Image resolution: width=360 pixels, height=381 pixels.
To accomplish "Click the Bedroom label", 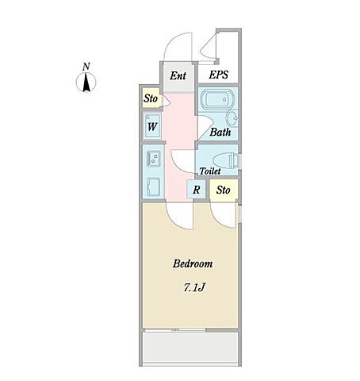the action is pos(193,264).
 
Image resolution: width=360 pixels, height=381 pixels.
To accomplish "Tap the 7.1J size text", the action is pos(194,287).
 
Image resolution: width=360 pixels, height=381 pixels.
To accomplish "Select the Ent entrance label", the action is pos(178,75).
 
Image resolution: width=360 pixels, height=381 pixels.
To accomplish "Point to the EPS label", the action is pos(219,75).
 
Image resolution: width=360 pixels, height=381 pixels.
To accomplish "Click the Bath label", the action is pos(220,132).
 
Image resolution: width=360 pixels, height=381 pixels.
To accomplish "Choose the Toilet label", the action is pos(210,171).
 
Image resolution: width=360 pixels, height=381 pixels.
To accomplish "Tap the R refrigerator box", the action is pos(196,190).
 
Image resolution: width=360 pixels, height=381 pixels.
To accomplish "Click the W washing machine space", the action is pos(152,127).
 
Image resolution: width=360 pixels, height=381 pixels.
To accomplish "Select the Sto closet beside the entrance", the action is pos(151,98).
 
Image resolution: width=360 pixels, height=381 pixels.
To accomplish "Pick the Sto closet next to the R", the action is pos(224,190).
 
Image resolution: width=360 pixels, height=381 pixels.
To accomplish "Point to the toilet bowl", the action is pos(226,160).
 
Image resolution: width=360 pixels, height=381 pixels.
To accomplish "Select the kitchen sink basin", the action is pos(154,187).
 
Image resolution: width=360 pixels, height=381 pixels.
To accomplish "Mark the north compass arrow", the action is pos(86,83).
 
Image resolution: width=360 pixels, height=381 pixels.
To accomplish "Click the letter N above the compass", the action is pos(86,66).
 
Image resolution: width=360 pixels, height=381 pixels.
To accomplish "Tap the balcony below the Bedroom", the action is pos(190,348).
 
